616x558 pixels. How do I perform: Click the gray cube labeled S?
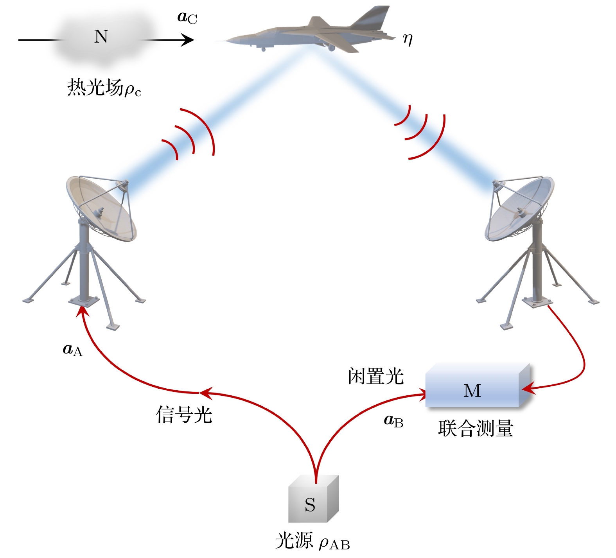(312, 501)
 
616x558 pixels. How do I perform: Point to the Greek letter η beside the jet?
(408, 39)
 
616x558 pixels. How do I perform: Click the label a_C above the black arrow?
(187, 18)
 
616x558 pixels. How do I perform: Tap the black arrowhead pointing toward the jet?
(188, 40)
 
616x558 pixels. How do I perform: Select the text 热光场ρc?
(104, 88)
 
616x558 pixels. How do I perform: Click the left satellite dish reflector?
(102, 209)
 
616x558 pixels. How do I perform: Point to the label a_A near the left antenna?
(73, 350)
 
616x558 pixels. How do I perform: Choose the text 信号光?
(184, 414)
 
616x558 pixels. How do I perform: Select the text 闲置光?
(375, 376)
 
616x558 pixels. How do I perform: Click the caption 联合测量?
(475, 429)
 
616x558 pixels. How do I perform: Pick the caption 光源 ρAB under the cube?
(312, 542)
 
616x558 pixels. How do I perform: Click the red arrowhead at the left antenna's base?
(82, 311)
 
